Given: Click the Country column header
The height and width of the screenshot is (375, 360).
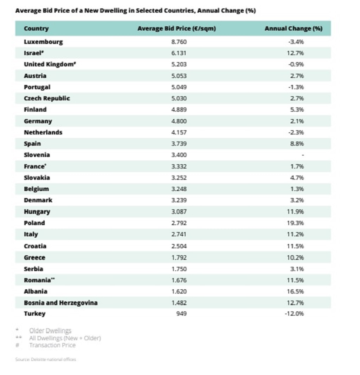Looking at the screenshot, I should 36,28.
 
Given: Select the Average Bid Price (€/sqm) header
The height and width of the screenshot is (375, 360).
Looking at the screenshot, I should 176,28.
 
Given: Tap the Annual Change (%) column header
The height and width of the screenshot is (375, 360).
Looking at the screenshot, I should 293,28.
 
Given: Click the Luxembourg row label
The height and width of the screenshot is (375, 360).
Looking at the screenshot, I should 43,42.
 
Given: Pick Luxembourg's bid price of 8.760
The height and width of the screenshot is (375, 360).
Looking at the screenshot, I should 179,42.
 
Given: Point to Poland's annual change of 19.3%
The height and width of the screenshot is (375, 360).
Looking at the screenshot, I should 295,223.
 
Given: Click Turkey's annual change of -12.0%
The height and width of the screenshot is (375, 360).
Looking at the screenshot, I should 294,314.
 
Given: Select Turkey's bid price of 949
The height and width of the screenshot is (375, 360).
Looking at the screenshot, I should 181,314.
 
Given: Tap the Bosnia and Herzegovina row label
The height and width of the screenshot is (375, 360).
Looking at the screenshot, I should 60,303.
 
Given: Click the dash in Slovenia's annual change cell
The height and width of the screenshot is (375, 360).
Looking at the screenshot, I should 302,155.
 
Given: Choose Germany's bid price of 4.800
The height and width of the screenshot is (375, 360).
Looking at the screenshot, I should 179,121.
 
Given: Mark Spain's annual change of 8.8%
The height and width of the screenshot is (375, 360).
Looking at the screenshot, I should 297,144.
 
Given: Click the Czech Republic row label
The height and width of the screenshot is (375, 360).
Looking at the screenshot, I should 47,98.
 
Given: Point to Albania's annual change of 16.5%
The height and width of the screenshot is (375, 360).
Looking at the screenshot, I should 295,291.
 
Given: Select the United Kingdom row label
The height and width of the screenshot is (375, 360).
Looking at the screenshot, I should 50,65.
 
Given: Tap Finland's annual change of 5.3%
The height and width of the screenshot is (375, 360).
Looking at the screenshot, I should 297,110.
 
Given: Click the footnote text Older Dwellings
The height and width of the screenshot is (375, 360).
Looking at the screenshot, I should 50,330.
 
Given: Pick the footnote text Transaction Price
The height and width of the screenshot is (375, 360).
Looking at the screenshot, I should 52,345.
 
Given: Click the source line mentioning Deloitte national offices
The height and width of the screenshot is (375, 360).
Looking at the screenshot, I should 45,359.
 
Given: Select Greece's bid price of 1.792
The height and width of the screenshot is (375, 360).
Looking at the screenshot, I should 179,257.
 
